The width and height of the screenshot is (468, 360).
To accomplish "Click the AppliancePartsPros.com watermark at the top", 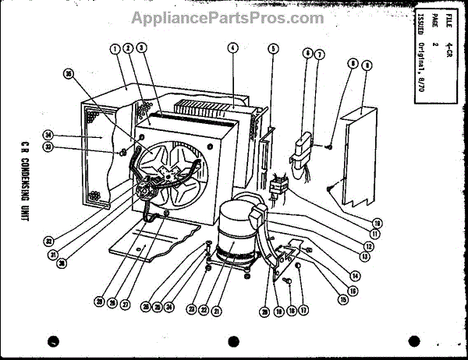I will point(227,18).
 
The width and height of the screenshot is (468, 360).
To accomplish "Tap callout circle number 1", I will point(115,48).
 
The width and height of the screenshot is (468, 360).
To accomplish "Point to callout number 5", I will point(274,48).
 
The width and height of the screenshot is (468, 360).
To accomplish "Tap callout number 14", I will point(355,275).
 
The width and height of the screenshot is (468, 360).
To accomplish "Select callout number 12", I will point(367,246).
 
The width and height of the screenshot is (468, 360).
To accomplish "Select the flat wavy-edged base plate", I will point(156,245).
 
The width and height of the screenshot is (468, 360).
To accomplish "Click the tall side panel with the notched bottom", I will point(355,156).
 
